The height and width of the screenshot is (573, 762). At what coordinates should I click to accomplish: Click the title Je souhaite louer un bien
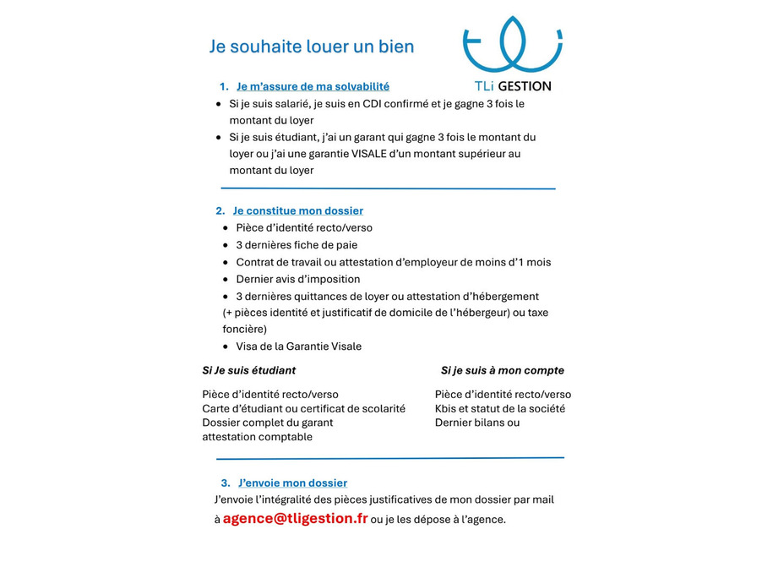[312, 46]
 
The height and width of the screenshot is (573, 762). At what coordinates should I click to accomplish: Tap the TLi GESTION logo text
[513, 86]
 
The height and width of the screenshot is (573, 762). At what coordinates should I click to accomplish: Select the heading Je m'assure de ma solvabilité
[313, 86]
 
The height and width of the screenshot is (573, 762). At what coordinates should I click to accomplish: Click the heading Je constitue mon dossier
[298, 210]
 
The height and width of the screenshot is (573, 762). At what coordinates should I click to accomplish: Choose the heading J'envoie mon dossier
[292, 483]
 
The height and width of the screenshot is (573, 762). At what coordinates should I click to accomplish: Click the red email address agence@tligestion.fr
[295, 518]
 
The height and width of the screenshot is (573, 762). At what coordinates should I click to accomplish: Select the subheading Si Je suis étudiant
[249, 370]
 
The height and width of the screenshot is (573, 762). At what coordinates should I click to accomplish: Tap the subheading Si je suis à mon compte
[502, 370]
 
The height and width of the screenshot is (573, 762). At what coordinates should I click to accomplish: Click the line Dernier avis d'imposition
[297, 279]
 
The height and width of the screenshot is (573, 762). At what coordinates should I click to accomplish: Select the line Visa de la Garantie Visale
[298, 347]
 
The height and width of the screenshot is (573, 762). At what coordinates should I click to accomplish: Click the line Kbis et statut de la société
[500, 408]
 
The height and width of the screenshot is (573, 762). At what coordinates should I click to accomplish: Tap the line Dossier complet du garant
[268, 423]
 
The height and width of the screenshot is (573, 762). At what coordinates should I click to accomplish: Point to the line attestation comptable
[258, 437]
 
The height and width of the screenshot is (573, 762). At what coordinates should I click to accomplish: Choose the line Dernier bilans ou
[477, 423]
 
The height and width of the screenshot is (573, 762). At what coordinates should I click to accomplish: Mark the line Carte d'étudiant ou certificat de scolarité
[303, 408]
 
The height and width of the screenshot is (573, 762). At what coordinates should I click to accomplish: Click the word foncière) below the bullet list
[245, 329]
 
